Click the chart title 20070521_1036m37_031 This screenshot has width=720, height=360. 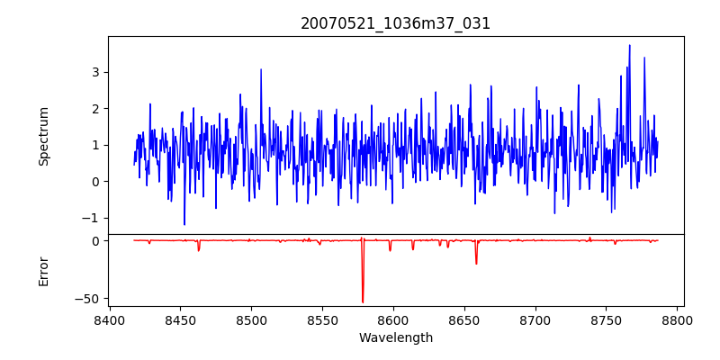pyautogui.click(x=395, y=23)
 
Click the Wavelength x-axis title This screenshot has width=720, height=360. pyautogui.click(x=395, y=337)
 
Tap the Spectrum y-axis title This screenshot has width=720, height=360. pyautogui.click(x=43, y=136)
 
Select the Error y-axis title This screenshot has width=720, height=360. pyautogui.click(x=43, y=271)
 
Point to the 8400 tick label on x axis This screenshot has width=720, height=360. pyautogui.click(x=109, y=319)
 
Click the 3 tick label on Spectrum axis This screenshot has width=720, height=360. pyautogui.click(x=94, y=72)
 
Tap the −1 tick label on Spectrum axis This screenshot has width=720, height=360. pyautogui.click(x=90, y=218)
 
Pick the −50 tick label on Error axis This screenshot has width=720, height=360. pyautogui.click(x=87, y=298)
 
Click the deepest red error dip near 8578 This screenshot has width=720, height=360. pyautogui.click(x=363, y=301)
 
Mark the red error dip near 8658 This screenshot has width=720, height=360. pyautogui.click(x=476, y=263)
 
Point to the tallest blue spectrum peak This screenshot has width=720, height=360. pyautogui.click(x=629, y=46)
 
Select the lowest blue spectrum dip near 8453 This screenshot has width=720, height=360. pyautogui.click(x=184, y=224)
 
